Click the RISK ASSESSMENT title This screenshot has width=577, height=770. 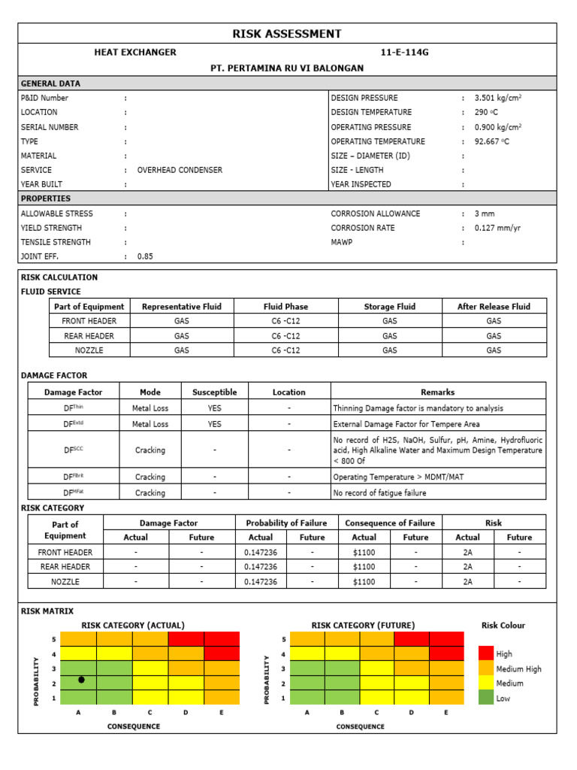287,34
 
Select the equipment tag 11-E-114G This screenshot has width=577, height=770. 406,53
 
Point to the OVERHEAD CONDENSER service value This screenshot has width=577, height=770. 180,170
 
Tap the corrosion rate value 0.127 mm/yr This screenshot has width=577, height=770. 499,228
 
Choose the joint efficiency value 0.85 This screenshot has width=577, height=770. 145,256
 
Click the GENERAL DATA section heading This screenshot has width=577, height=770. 50,83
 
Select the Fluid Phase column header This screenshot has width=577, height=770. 285,307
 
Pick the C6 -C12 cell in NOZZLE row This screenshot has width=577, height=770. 285,350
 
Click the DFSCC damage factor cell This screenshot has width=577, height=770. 72,450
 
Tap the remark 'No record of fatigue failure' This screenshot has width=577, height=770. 379,493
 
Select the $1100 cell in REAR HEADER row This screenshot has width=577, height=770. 364,567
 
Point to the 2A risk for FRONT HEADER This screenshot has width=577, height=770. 467,552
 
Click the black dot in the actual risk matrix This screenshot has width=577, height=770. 81,680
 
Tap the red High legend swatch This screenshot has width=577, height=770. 486,653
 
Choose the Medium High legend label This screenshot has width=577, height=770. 518,669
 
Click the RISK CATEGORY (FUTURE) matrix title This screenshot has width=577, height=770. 363,626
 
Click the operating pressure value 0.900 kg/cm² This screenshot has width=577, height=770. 498,127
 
